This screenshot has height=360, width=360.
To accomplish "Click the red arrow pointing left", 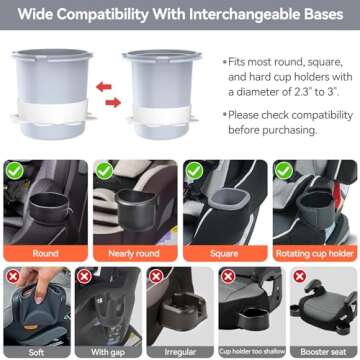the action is pyautogui.click(x=104, y=87).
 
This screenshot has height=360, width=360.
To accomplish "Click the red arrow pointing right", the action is pyautogui.click(x=113, y=102).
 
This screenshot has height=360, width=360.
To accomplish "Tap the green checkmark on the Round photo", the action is pyautogui.click(x=15, y=171).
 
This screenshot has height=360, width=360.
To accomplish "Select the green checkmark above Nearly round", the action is pyautogui.click(x=104, y=171).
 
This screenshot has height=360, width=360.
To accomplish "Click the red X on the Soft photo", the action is pyautogui.click(x=13, y=277).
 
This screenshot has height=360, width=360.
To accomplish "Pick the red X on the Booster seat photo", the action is pyautogui.click(x=300, y=276).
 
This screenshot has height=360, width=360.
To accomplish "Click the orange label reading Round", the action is pyautogui.click(x=45, y=253).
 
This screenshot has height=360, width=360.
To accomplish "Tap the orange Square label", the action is pyautogui.click(x=224, y=253).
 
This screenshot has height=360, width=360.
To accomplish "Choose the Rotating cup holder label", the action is pyautogui.click(x=314, y=253).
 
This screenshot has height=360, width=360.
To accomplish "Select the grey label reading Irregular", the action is pyautogui.click(x=180, y=352).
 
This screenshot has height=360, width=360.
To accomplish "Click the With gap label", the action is pyautogui.click(x=108, y=352).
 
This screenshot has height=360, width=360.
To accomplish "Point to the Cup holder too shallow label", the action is pyautogui.click(x=252, y=352).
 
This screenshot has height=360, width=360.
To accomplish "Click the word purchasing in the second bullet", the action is pyautogui.click(x=289, y=130).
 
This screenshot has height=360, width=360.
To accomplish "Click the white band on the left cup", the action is pyautogui.click(x=53, y=111).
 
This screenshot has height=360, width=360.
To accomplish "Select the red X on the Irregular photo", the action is pyautogui.click(x=156, y=277).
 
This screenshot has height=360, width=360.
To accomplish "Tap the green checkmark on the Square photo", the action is pyautogui.click(x=194, y=171).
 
